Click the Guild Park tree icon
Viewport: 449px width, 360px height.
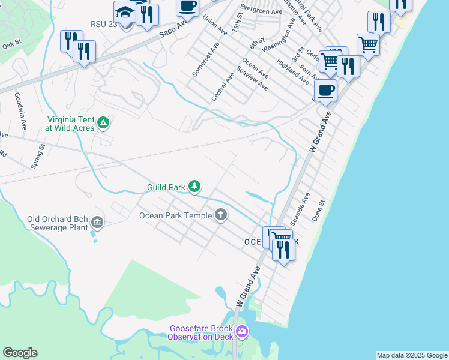click(x=194, y=187)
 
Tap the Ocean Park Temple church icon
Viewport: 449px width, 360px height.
click(x=221, y=215)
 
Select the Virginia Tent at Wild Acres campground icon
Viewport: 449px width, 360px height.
click(x=103, y=123)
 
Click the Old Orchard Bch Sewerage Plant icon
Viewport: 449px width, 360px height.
click(x=97, y=224)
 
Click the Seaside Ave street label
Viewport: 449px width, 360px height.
click(x=300, y=206)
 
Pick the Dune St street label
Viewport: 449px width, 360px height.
click(x=318, y=211)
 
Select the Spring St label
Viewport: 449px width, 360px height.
click(x=38, y=155)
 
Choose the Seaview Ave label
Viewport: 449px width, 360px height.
click(x=252, y=78)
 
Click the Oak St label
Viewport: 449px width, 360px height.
click(x=11, y=45)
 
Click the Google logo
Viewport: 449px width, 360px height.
click(x=20, y=353)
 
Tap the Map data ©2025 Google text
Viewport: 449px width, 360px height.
click(x=411, y=355)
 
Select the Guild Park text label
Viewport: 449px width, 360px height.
click(x=166, y=188)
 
